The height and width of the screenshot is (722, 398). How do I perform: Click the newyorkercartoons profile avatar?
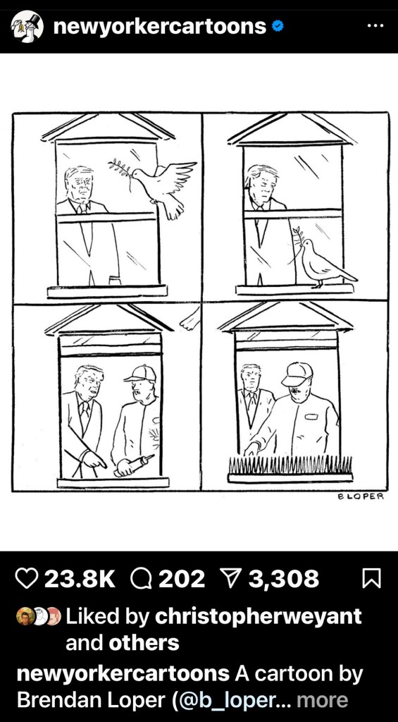27,27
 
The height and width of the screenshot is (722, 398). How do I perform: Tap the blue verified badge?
277,27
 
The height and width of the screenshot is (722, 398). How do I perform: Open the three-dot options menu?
375,26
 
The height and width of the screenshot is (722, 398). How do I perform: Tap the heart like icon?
26,578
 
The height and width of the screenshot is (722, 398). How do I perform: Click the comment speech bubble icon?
142,578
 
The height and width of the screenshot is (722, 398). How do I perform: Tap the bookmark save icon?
371,578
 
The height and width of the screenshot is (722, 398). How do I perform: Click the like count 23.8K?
80,579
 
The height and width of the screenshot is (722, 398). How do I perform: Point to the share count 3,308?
284,579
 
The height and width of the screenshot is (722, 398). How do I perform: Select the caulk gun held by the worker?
134,464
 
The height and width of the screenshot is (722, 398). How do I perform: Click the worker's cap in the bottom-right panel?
297,374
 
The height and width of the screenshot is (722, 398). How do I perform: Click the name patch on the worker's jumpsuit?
311,417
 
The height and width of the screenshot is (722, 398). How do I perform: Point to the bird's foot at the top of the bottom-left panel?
190,319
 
